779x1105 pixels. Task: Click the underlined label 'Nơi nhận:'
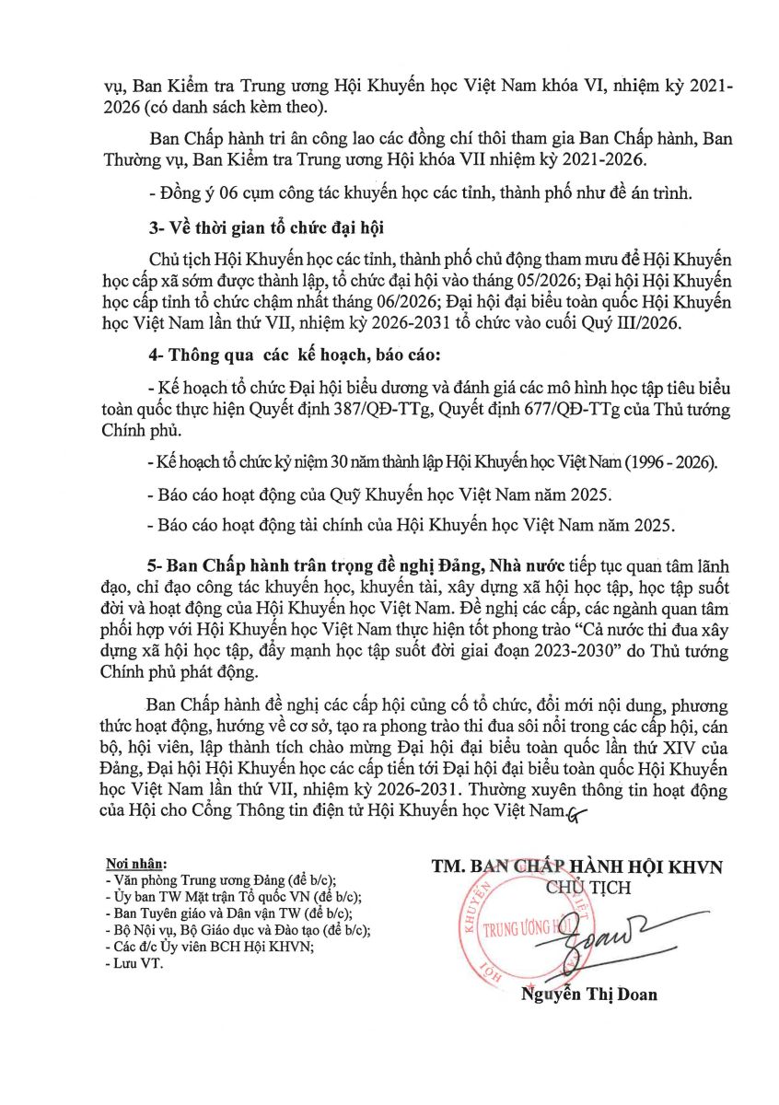(x=137, y=866)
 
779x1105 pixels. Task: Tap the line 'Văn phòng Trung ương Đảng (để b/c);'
(x=220, y=880)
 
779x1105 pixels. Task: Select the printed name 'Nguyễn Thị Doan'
(x=589, y=994)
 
